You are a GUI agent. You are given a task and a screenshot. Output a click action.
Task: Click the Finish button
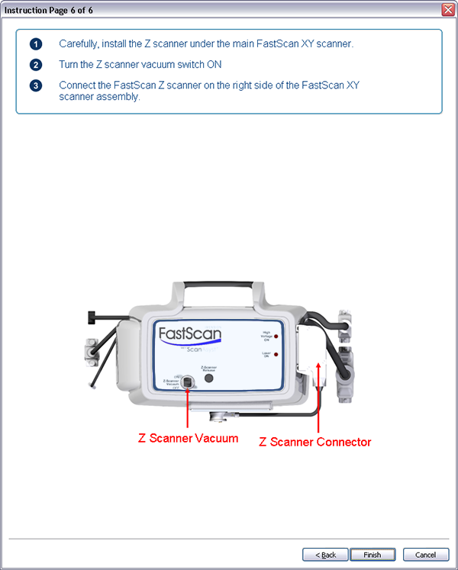pos(373,555)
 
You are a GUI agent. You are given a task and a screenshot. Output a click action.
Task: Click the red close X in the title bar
pos(448,9)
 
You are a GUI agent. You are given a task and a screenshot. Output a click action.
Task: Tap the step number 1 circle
pos(36,44)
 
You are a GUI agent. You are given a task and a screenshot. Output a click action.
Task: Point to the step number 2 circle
pos(36,65)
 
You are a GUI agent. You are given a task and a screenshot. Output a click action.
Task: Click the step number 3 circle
pos(36,85)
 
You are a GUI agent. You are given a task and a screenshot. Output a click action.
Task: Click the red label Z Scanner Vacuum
pos(188,438)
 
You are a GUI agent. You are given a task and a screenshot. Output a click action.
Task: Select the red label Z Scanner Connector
pos(315,442)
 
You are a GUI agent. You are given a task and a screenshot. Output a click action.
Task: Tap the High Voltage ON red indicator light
pos(276,336)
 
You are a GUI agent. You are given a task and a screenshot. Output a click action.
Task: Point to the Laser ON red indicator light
pos(276,356)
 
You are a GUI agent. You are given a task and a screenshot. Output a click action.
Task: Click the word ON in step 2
pos(214,65)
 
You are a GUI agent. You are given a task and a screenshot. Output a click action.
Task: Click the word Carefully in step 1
pos(80,44)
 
